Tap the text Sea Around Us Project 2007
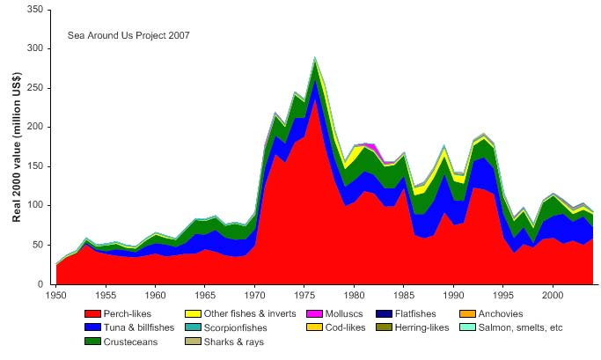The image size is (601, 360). pyautogui.click(x=128, y=36)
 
